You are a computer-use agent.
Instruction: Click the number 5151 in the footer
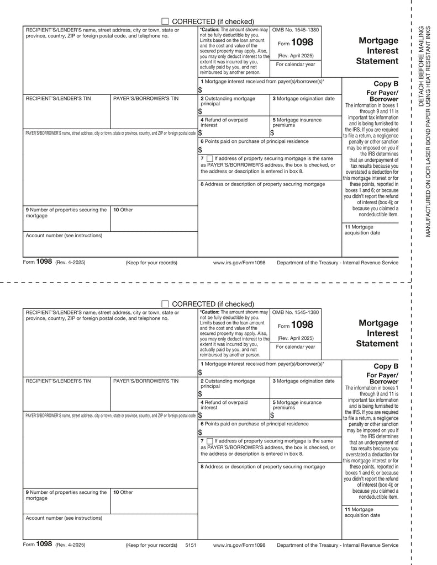point(191,545)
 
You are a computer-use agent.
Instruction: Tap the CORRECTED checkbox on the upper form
point(165,21)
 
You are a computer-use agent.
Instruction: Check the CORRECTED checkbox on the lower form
point(165,304)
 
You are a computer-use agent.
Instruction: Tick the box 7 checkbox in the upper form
point(209,159)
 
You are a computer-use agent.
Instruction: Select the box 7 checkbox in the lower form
point(209,441)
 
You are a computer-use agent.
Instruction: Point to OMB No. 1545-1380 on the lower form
point(296,312)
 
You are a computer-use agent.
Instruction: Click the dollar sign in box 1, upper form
point(200,90)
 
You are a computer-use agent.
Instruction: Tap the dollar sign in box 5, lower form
point(272,415)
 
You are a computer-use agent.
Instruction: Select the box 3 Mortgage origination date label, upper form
point(303,99)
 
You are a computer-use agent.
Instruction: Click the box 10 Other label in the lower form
point(123,492)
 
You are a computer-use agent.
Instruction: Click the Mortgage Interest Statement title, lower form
point(377,333)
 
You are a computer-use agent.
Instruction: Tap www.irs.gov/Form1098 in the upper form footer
point(239,263)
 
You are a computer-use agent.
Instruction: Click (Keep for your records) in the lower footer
point(151,545)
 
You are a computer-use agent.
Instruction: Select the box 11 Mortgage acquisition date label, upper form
point(362,230)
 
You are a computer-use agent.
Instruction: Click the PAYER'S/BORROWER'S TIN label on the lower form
point(146,381)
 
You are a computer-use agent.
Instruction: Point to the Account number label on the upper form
point(64,235)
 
